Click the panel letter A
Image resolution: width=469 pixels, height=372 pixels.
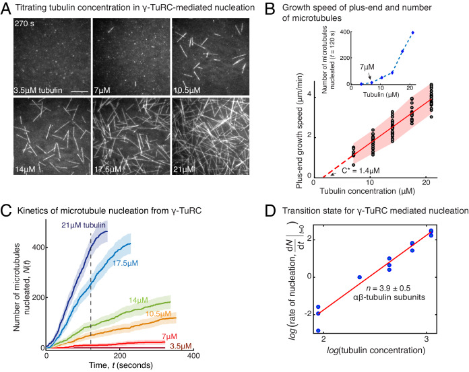tap(6, 7)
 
